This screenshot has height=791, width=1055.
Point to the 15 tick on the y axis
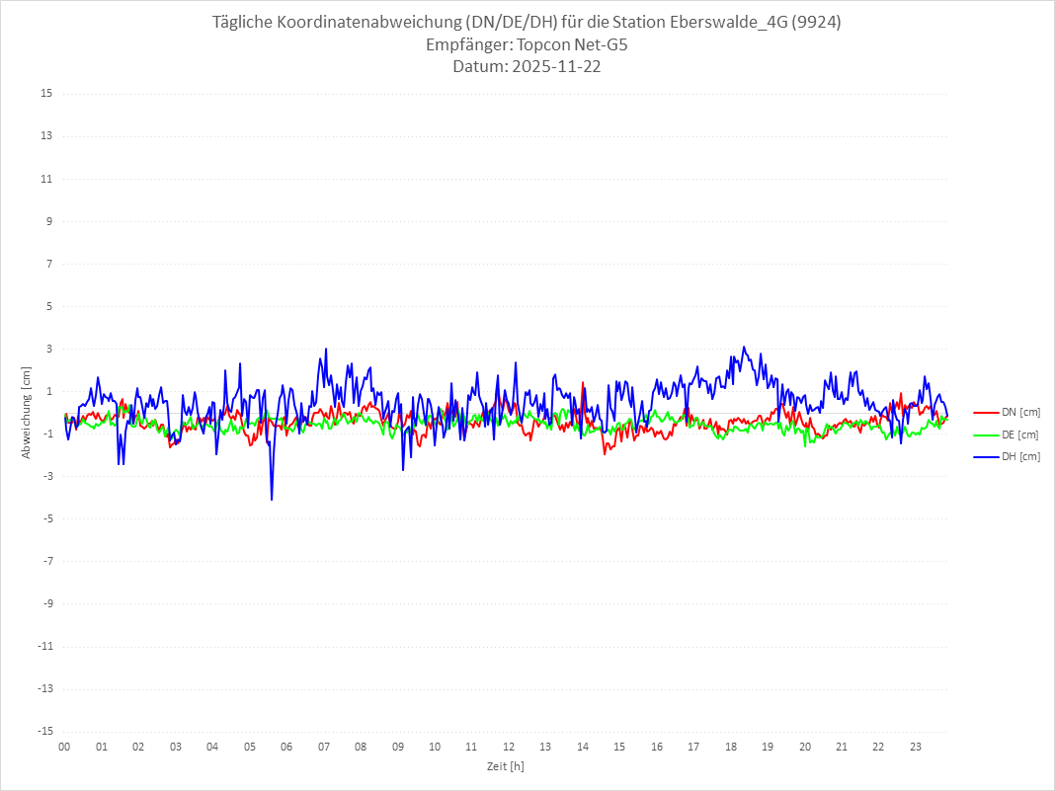coord(46,94)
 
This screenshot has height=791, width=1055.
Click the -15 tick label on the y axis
coord(44,732)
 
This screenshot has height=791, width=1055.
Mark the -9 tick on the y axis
coord(46,603)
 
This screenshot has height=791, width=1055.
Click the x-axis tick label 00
coord(64,748)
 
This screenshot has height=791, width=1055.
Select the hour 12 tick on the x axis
coord(509,748)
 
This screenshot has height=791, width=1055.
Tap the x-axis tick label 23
coord(916,748)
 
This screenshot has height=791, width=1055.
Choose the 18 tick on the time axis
coord(731,748)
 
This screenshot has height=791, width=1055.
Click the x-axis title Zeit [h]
coord(505,766)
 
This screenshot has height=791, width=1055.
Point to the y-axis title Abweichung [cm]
coord(27,413)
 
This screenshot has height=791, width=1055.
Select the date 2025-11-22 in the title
coord(554,67)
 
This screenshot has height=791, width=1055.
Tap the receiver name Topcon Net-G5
coord(564,45)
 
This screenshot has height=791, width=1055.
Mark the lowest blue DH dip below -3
coord(272,500)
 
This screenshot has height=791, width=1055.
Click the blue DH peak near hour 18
coord(744,347)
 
